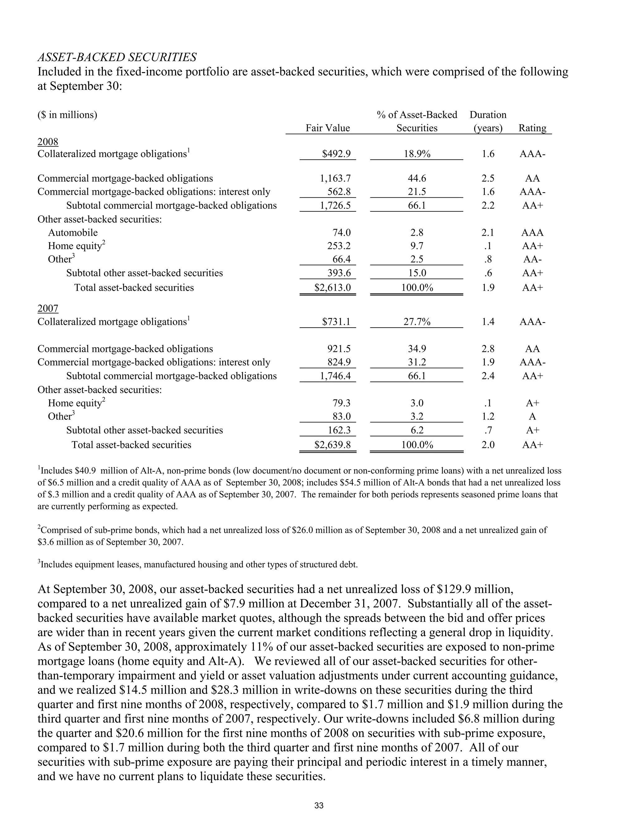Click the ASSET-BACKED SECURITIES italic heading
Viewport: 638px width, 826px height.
117,57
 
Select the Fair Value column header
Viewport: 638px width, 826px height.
327,128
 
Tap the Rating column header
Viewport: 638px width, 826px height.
532,128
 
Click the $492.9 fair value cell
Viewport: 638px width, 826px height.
336,154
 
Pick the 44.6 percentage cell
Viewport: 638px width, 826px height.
417,179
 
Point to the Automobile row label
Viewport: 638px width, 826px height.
73,233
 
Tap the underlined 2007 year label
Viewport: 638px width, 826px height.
48,309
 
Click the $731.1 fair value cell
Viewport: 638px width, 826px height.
336,322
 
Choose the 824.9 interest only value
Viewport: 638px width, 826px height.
339,362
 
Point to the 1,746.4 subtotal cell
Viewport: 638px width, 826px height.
335,376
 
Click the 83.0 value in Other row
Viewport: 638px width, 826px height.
341,416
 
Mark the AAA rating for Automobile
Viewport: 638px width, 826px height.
532,233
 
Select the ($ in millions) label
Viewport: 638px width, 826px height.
67,115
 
